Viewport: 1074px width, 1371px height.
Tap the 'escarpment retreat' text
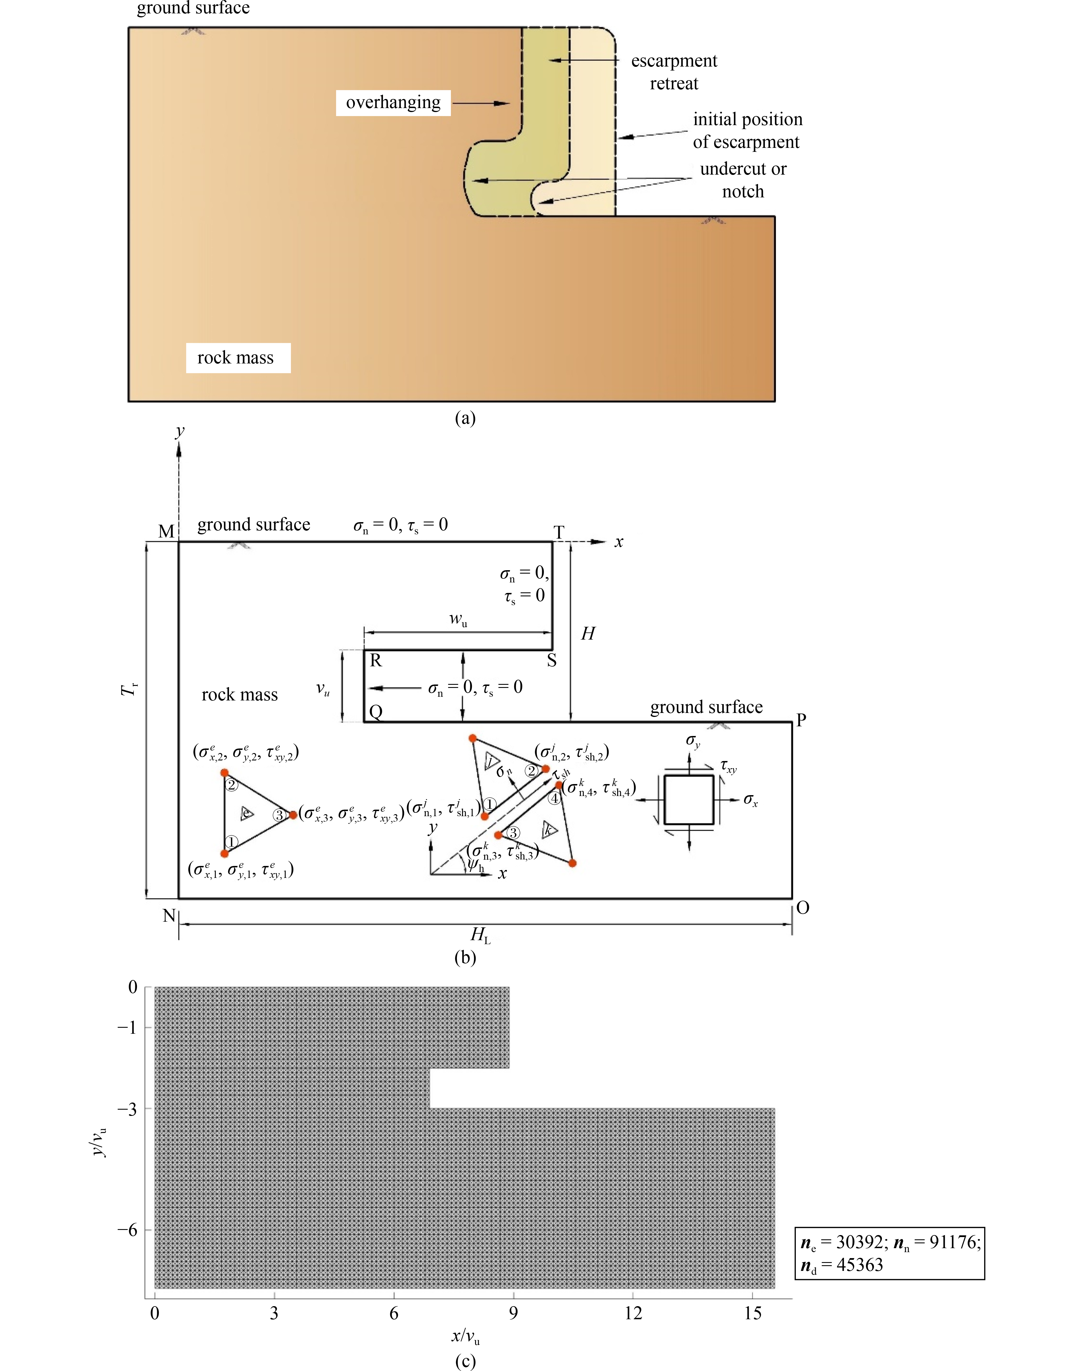pos(674,72)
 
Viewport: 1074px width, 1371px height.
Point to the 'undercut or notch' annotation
pos(743,180)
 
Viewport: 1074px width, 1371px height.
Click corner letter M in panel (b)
pos(166,532)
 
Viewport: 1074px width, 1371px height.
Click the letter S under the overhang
pos(551,660)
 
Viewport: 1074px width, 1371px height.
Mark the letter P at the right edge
pos(801,720)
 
